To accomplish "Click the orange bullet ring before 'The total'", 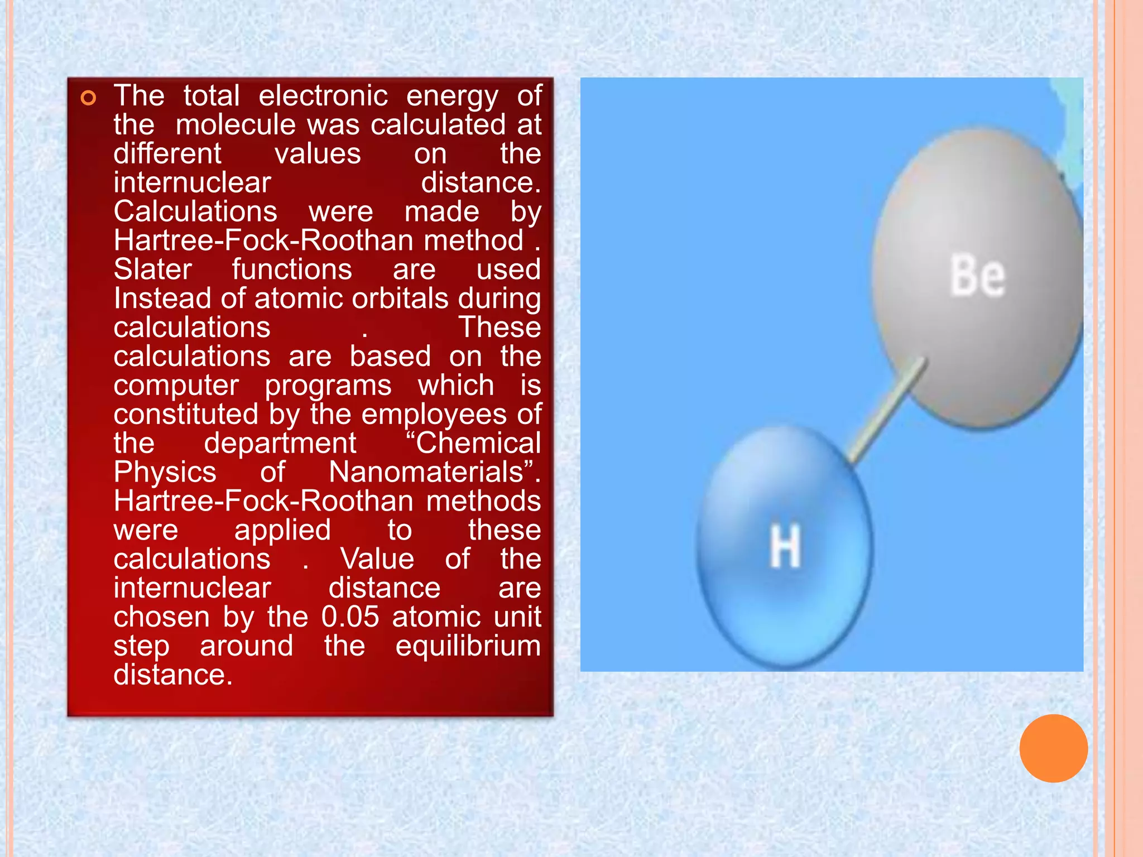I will click(88, 99).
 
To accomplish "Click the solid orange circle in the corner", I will click(1053, 748).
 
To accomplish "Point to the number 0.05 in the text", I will click(350, 617).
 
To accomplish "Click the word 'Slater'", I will click(153, 269).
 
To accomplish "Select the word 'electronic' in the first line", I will click(323, 95).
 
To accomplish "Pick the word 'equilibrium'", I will click(468, 646).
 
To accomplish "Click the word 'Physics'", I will click(165, 472).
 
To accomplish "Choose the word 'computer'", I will click(176, 385).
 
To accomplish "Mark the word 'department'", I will click(280, 443).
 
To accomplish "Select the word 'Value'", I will click(377, 559).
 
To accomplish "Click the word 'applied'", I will click(282, 530).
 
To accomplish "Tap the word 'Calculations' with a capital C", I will click(195, 211).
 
